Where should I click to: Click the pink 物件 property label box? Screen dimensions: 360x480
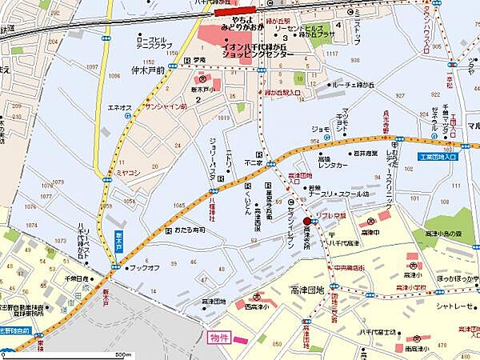(x=219, y=338)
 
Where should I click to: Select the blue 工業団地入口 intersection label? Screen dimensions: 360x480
(x=438, y=157)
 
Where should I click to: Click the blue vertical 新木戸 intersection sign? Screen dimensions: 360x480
(x=117, y=240)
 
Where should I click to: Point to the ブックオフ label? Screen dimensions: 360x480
(x=145, y=267)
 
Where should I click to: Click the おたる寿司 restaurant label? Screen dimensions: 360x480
(x=190, y=230)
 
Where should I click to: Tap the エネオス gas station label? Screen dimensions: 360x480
(x=119, y=106)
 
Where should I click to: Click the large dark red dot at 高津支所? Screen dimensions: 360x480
(x=307, y=221)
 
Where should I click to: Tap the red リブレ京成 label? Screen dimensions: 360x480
(x=330, y=217)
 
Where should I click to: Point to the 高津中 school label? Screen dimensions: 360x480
(x=370, y=232)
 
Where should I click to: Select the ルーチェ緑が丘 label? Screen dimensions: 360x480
(x=354, y=84)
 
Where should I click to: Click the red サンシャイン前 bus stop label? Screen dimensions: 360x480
(x=165, y=106)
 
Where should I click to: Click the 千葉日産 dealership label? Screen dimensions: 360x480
(x=79, y=278)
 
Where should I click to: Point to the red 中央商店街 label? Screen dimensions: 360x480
(x=349, y=268)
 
